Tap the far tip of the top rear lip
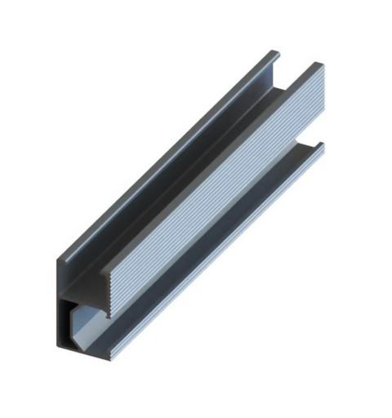274,55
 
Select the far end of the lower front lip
321,146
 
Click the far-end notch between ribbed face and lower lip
315,139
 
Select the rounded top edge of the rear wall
163,155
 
